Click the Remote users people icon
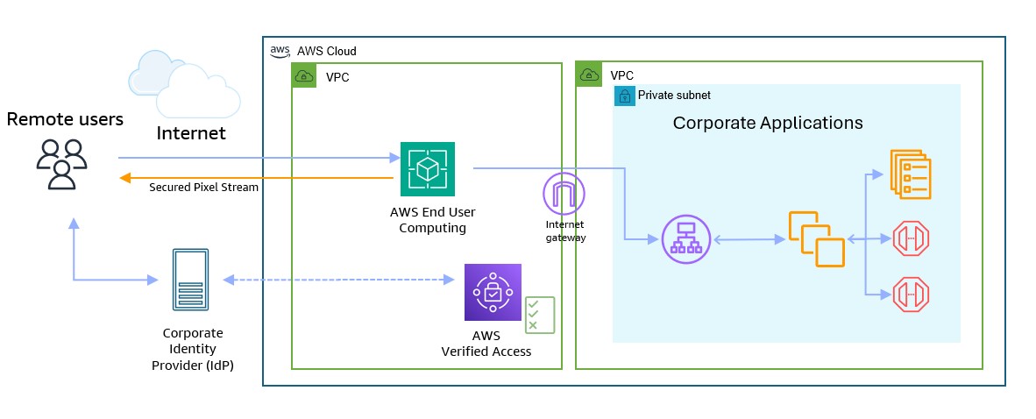pyautogui.click(x=61, y=163)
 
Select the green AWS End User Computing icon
pyautogui.click(x=428, y=168)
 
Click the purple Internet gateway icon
pyautogui.click(x=564, y=195)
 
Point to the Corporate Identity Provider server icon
pyautogui.click(x=189, y=281)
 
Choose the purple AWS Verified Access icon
pyautogui.click(x=493, y=292)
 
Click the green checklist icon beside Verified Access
pyautogui.click(x=539, y=315)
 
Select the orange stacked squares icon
pyautogui.click(x=815, y=238)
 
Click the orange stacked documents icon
pyautogui.click(x=910, y=173)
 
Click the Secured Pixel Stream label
pyautogui.click(x=203, y=188)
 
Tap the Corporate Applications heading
pyautogui.click(x=768, y=123)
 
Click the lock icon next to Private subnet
pyautogui.click(x=625, y=95)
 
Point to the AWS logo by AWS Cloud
pyautogui.click(x=280, y=51)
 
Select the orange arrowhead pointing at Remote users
pyautogui.click(x=125, y=178)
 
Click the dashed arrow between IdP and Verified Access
pyautogui.click(x=337, y=281)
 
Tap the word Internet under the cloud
pyautogui.click(x=191, y=133)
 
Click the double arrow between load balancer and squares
pyautogui.click(x=748, y=238)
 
